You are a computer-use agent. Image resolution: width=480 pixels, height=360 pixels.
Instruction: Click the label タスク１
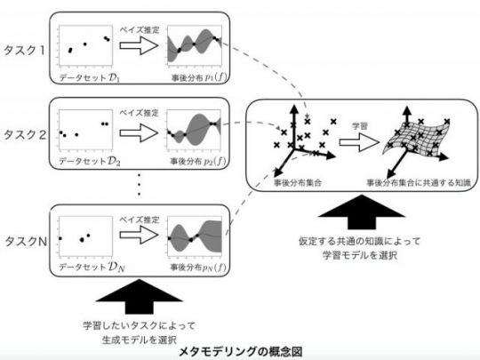[x=24, y=50]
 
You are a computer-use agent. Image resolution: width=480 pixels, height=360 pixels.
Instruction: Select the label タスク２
[x=25, y=135]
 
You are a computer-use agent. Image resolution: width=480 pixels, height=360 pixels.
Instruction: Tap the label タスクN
[x=26, y=242]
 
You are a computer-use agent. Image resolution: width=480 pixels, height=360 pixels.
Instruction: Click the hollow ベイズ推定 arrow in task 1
[x=139, y=45]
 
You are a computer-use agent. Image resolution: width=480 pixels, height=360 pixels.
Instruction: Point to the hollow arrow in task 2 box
[x=139, y=132]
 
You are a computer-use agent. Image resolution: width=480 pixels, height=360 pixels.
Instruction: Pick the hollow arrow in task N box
[x=139, y=235]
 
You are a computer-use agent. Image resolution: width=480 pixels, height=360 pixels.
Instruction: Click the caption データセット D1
[x=89, y=78]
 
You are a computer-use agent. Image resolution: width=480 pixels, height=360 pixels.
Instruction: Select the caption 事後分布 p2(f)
[x=198, y=161]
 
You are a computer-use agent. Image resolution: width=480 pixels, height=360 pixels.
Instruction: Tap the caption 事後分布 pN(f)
[x=198, y=268]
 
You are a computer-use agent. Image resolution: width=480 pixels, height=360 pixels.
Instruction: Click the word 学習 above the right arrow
[x=360, y=126]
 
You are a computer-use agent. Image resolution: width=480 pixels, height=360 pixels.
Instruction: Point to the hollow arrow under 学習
[x=359, y=142]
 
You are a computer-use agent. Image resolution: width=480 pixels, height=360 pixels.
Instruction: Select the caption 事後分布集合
[x=298, y=183]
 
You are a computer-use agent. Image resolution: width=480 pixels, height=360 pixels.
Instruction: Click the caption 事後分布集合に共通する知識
[x=419, y=183]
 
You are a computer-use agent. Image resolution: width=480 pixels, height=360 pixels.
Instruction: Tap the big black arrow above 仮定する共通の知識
[x=362, y=212]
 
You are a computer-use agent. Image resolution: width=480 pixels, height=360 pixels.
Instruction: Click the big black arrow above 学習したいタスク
[x=140, y=297]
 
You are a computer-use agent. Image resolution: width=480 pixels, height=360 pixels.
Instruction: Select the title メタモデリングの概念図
[x=241, y=351]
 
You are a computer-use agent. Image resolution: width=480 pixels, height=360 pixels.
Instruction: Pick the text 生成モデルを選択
[x=140, y=340]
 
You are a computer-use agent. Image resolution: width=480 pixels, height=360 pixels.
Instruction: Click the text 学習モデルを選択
[x=360, y=255]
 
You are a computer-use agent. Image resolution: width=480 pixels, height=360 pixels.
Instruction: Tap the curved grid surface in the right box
[x=417, y=137]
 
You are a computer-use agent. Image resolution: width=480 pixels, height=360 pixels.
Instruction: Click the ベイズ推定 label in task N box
[x=140, y=220]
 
